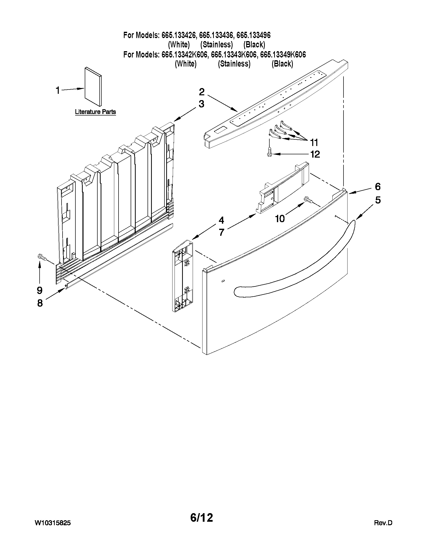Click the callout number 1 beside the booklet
pos(58,90)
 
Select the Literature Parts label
pos(95,112)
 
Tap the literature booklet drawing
pos(93,86)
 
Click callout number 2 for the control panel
pos(202,92)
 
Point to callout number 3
pos(202,104)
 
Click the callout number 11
pos(314,142)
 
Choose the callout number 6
pos(378,187)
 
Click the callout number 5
pos(378,200)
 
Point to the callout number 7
pos(221,232)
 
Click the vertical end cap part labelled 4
pos(183,276)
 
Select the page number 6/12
pos(202,518)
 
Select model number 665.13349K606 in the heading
pos(283,54)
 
